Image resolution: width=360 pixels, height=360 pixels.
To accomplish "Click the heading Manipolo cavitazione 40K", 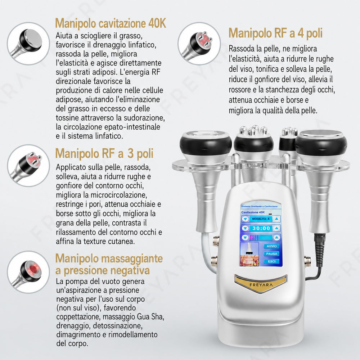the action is [x=111, y=23].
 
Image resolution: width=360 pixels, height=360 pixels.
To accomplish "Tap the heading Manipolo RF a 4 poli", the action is [x=275, y=33].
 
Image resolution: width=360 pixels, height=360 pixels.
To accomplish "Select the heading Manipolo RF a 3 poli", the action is [x=104, y=153].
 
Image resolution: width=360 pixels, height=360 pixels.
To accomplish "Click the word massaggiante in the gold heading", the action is [x=132, y=258].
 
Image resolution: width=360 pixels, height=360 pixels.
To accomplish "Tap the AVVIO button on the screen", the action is [x=271, y=246].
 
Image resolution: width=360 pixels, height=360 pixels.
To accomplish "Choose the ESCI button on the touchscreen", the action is [x=271, y=261].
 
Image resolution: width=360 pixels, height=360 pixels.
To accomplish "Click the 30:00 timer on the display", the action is [x=261, y=228].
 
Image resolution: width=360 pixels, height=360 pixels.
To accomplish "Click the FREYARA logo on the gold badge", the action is [x=261, y=285].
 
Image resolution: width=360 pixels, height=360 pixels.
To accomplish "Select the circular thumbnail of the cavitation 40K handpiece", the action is [x=28, y=44].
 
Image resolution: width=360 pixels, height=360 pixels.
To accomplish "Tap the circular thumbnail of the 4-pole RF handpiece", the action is [x=199, y=44].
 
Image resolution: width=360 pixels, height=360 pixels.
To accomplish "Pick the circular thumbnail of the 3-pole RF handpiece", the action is [x=28, y=166].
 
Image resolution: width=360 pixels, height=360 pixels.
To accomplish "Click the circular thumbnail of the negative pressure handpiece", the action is [x=28, y=272].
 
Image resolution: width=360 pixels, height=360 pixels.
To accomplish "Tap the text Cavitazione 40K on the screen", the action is [x=253, y=212].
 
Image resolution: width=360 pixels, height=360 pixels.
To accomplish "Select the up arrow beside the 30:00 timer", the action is [x=276, y=228].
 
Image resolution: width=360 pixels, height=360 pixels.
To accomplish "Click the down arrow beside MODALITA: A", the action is [x=245, y=219].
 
